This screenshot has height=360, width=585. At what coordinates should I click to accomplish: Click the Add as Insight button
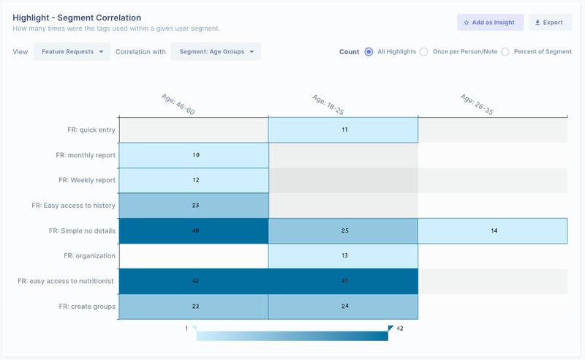coord(490,23)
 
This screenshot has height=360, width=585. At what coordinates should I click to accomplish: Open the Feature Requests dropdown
coord(72,52)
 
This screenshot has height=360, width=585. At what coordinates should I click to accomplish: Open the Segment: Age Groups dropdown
coord(216,52)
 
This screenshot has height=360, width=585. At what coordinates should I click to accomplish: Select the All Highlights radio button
coord(369,52)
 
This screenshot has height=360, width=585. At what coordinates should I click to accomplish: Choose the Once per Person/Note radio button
coord(424,52)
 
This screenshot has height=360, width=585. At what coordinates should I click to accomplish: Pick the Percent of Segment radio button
coord(505,52)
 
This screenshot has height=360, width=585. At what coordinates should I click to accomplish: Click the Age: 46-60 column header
coord(178,104)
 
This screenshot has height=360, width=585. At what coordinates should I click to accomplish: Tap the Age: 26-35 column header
coord(478,104)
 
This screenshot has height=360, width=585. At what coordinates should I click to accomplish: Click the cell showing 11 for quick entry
coord(344,130)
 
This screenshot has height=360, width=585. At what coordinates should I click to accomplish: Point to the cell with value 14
coord(493,230)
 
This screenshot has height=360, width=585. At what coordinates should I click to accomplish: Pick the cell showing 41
coord(344,281)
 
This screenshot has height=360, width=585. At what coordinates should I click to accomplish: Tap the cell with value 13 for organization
coord(344,256)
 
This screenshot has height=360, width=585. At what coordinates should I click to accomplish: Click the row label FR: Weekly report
coord(86,180)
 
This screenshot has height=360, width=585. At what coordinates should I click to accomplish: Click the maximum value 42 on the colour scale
coord(399,329)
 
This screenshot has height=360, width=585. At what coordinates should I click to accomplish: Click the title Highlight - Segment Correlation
coord(77,18)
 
